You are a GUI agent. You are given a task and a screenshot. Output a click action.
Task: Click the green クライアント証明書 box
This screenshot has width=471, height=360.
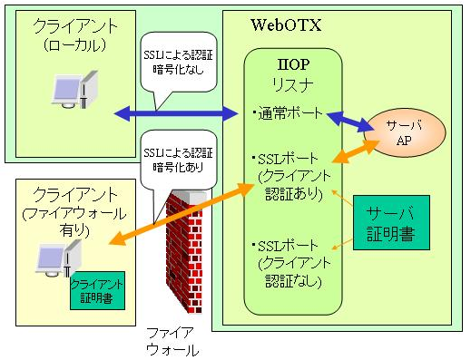pyautogui.click(x=96, y=289)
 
